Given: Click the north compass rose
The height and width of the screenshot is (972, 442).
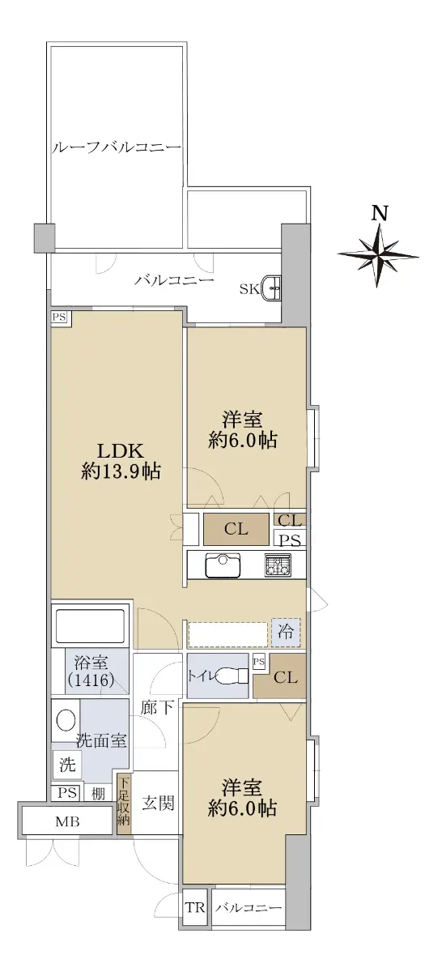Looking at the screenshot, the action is coord(377,256).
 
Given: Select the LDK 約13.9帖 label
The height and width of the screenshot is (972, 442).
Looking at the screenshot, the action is coord(121,460).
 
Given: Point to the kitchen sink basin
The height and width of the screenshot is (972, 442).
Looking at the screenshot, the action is coord(223,565).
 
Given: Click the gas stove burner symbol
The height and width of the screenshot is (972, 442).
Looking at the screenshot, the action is coord(278,565).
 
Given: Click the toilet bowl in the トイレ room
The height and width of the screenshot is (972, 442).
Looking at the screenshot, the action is coord(232,676).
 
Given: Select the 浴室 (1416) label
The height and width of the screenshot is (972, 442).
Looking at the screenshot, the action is coord(91,671).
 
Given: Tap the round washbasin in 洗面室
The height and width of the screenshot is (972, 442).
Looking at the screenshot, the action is coord(65,721).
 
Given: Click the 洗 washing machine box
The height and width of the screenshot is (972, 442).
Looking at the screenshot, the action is coord(67,765).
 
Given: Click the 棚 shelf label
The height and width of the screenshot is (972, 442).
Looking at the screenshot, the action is coord(99,794).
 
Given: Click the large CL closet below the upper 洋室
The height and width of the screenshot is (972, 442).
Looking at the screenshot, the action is coord(236,529).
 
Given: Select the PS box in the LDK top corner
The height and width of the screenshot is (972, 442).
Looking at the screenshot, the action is coord(59,317).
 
